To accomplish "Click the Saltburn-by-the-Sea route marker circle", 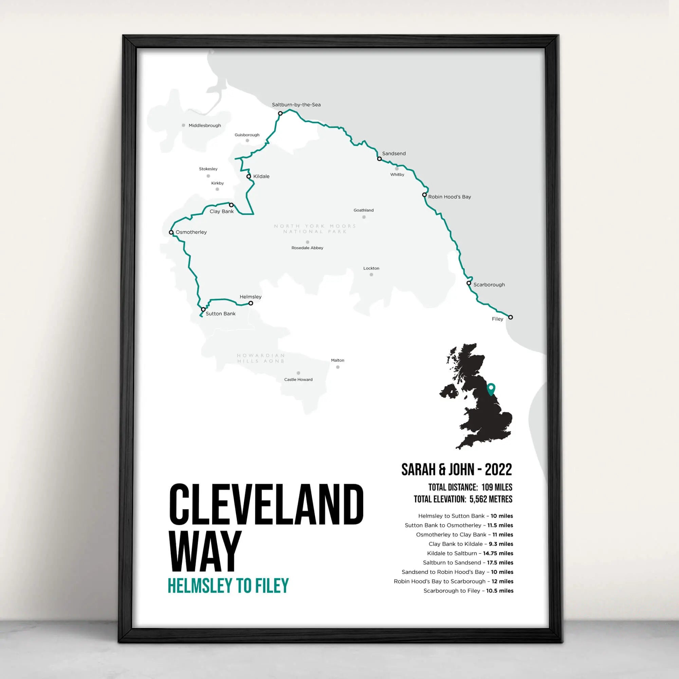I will pos(280,113).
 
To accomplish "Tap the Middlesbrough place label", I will pos(204,126).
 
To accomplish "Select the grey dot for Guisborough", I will pos(247,141).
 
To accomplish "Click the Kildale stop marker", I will pos(249,177).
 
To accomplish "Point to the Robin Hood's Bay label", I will pos(449,197).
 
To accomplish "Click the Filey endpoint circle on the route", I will pos(510,317).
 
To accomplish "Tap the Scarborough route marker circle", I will pos(469,283).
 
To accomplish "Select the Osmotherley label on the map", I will pos(191,232).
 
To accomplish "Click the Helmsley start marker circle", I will pos(251,303).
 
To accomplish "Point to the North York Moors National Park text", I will pos(315,229).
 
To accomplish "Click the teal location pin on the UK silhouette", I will pos(491,389).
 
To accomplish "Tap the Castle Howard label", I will pos(298,380).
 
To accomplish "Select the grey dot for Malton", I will pos(337,367).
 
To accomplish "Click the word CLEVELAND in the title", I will pos(267,504).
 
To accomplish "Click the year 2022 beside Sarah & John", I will pos(498,470).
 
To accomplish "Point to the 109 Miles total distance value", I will pos(497,488).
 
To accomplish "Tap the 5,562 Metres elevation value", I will pos(491,499).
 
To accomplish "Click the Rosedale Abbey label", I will pos(307,248).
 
